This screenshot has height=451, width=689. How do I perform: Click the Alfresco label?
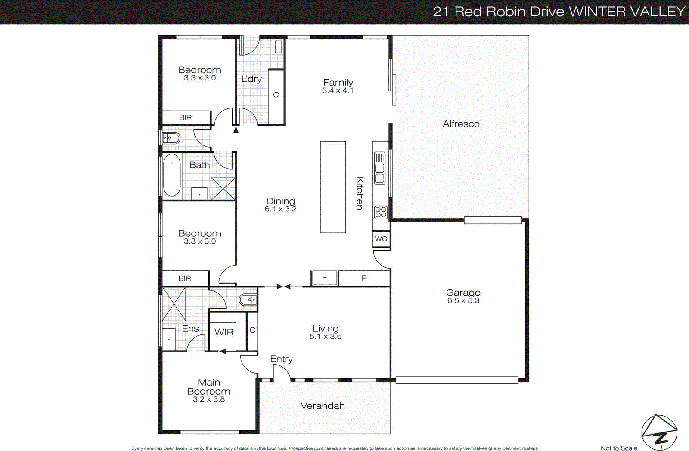coord(461,124)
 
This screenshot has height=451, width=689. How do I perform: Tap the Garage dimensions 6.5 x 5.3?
coord(463,301)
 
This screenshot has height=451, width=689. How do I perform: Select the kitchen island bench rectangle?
coord(333,187)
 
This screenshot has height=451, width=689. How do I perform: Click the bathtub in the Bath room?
coord(172,175)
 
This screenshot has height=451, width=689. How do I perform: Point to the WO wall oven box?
coord(381,239)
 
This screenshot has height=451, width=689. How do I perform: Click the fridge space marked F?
coord(324,278)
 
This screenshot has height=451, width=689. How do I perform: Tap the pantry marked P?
coord(364,278)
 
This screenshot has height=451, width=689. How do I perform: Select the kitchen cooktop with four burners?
coord(381,212)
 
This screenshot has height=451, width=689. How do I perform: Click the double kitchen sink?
coord(379,168)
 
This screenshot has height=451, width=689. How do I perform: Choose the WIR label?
coord(224,332)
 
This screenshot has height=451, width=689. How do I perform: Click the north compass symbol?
coord(659,432)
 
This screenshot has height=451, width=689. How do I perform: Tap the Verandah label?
coord(323,406)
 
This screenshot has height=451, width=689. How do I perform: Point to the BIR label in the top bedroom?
coord(186,117)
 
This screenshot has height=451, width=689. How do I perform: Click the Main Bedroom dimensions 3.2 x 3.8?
coord(209,399)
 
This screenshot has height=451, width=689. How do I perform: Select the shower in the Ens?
coord(174,304)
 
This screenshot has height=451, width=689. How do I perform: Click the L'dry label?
coord(251,79)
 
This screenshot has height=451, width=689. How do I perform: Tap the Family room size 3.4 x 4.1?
coord(338,90)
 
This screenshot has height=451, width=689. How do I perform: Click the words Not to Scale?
coord(619,448)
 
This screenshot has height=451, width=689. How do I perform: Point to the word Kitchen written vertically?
coord(360,193)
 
